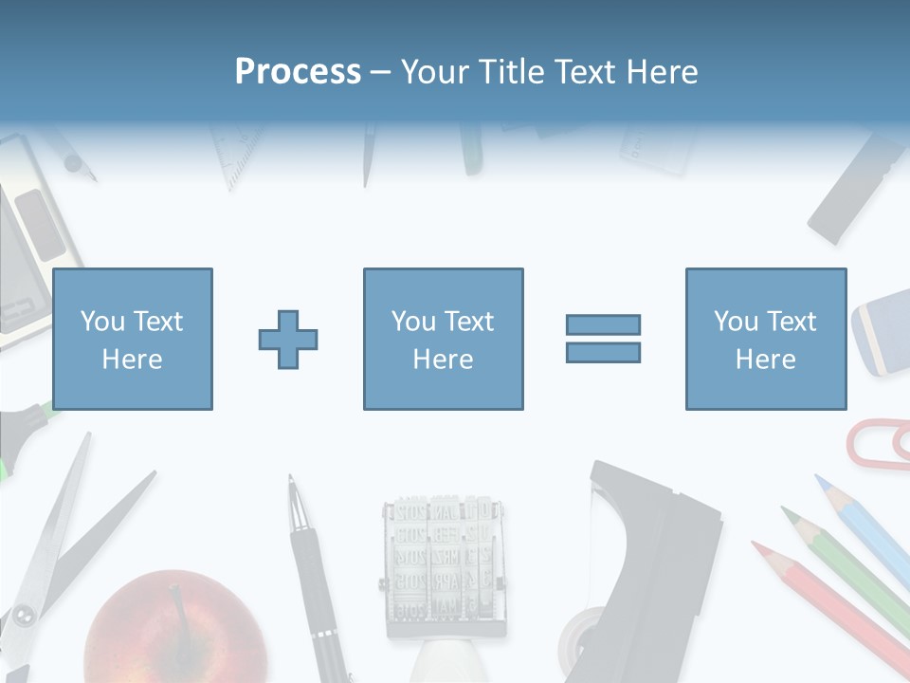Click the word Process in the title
coord(298,72)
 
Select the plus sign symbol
coord(288,339)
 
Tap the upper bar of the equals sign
coord(603,324)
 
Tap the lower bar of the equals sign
coord(603,352)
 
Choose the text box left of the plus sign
coord(133,339)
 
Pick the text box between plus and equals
coord(443,339)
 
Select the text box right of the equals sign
coord(765,339)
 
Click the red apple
coord(175,631)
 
